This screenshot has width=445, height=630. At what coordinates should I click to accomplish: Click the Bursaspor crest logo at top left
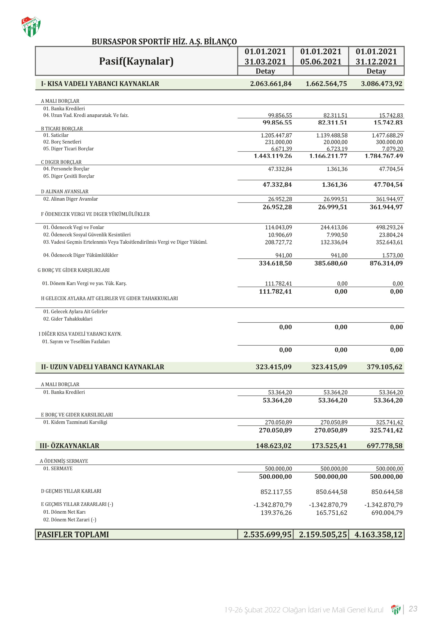(31, 27)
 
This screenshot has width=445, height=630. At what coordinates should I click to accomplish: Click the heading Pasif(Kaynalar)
(136, 61)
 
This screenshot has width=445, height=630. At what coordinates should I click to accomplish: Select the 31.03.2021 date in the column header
(265, 62)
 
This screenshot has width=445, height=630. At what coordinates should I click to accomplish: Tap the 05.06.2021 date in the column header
(321, 62)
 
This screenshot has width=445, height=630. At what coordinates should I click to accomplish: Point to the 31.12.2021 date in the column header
(376, 62)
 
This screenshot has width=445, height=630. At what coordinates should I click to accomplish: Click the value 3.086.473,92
(381, 84)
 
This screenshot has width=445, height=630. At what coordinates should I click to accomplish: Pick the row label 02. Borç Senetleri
(62, 142)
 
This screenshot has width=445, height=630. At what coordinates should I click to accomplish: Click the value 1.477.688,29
(387, 135)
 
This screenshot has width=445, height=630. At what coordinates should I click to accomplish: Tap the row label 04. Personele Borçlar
(66, 169)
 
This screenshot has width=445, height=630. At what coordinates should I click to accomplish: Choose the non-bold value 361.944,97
(389, 199)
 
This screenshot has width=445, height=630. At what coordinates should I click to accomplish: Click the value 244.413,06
(334, 227)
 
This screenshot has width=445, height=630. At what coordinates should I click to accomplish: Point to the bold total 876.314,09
(386, 263)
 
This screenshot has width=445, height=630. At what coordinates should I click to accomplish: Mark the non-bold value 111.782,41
(278, 283)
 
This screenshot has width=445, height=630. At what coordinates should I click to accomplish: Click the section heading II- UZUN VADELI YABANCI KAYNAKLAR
(103, 367)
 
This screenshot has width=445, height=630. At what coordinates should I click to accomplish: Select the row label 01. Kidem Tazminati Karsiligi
(75, 422)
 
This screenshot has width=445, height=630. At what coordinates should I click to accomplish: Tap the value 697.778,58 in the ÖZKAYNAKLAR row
(385, 446)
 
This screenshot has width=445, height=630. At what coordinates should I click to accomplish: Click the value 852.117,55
(276, 492)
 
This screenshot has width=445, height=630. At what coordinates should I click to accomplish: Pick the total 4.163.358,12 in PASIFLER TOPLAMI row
(378, 535)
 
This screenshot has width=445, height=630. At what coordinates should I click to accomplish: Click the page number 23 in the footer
(413, 609)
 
